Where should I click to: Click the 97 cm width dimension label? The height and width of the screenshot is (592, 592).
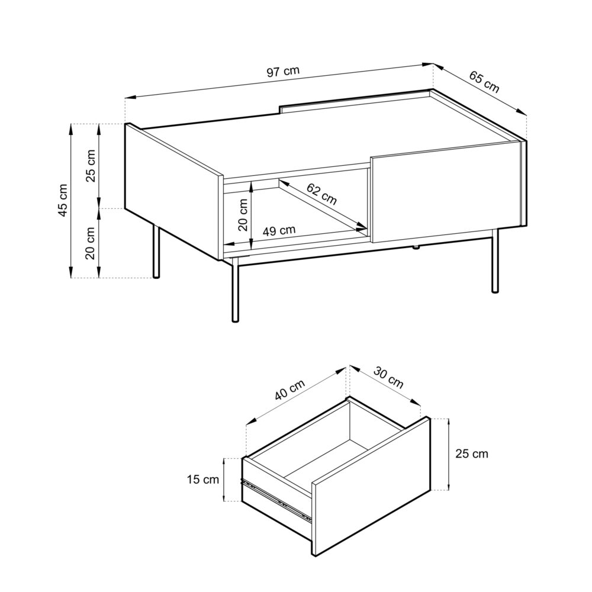(283, 72)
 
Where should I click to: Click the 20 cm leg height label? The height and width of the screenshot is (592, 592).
(91, 243)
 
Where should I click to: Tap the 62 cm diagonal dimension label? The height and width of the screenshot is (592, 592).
(321, 194)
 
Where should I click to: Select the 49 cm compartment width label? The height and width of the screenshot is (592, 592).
(279, 230)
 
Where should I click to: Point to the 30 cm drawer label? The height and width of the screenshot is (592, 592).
(388, 378)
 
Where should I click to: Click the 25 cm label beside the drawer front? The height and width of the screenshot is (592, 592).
(472, 454)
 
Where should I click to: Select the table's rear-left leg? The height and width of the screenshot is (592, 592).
(156, 251)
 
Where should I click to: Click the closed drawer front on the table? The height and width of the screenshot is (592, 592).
(445, 192)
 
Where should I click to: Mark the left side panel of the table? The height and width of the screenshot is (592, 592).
(173, 189)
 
